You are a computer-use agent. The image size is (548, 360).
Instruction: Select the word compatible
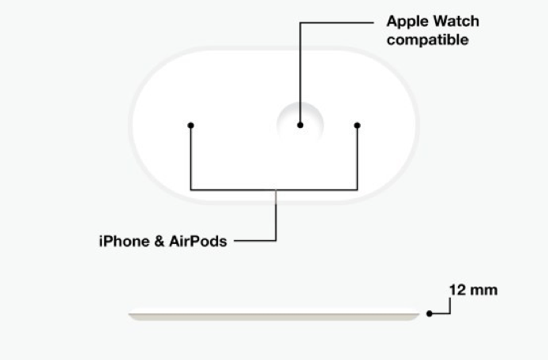point(427,39)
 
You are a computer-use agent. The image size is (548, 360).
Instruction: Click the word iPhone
point(125,241)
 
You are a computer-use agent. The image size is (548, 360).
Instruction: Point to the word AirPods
point(198,241)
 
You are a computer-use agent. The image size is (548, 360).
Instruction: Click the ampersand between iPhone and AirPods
point(160,241)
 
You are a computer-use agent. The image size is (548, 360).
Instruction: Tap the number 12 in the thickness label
point(457,290)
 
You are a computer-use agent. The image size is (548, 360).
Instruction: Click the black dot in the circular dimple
point(300,125)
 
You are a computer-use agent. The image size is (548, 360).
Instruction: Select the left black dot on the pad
point(190,125)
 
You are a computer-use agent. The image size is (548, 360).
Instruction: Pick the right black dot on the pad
point(357,125)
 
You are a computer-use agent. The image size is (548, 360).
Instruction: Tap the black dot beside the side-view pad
point(430,313)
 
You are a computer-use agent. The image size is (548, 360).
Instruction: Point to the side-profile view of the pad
point(274,314)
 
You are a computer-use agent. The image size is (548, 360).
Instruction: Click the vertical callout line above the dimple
point(300,73)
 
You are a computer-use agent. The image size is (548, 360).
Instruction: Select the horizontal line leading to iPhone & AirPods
point(255,241)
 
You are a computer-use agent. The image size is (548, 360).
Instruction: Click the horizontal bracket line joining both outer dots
point(274,190)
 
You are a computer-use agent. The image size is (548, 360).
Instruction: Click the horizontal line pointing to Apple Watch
point(336,23)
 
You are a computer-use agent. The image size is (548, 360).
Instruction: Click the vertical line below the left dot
point(190,158)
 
